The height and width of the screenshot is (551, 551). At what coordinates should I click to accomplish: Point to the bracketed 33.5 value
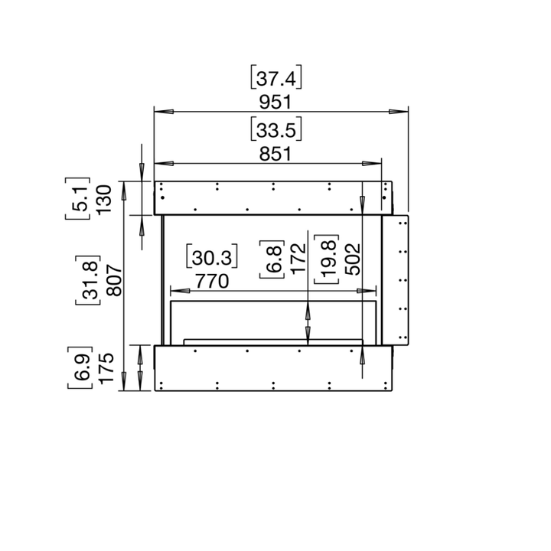click(x=277, y=130)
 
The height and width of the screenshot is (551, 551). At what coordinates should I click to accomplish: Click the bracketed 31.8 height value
click(x=88, y=282)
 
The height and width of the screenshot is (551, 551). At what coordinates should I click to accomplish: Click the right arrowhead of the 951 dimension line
click(x=399, y=111)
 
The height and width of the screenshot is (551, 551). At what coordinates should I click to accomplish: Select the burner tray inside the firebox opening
click(x=272, y=340)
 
